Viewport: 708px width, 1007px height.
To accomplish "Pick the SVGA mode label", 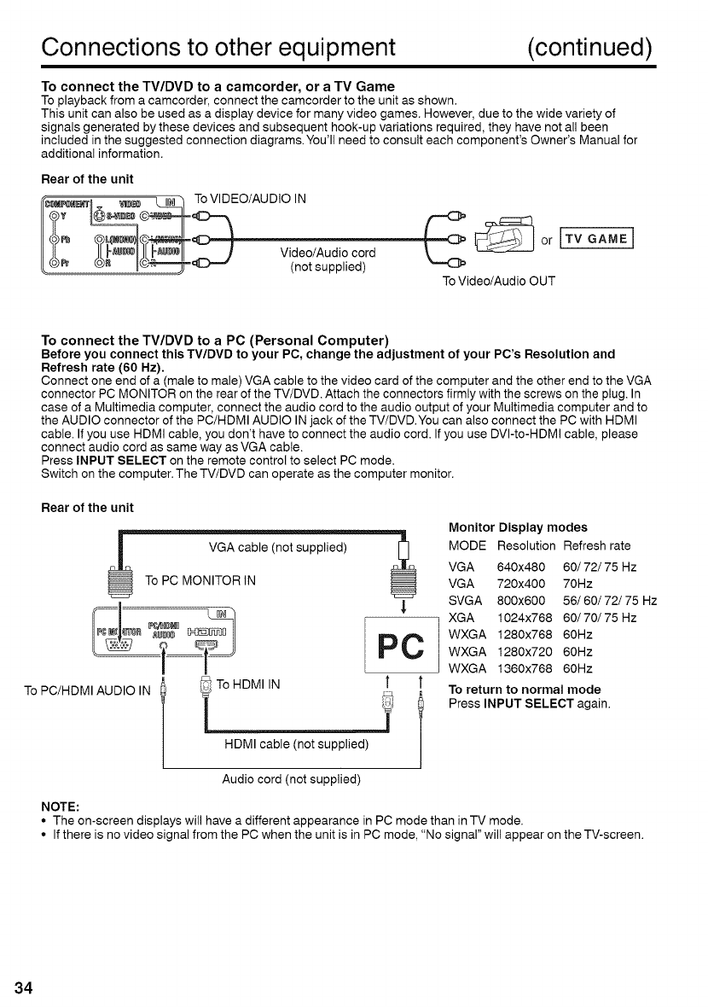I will [465, 600].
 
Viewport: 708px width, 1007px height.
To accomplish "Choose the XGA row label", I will [461, 617].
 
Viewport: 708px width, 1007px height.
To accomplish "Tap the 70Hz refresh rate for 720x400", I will [578, 584].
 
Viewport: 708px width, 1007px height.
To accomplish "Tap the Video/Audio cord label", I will [316, 253].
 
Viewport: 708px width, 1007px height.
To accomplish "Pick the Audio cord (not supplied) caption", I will [292, 779].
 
